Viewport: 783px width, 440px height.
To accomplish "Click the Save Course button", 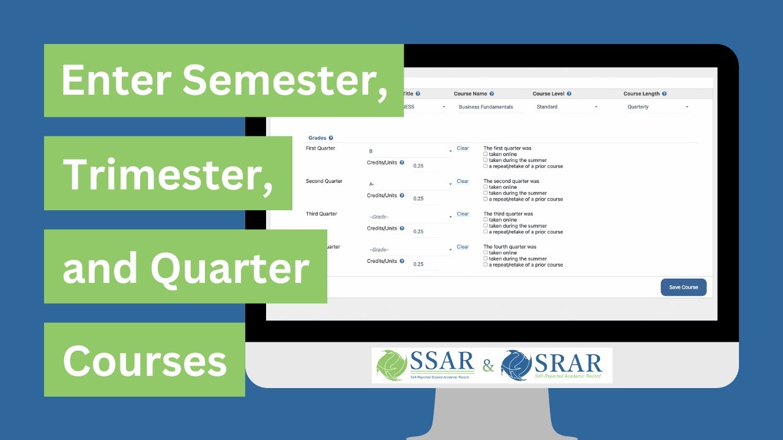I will (683, 287).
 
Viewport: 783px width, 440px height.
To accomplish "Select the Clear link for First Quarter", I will (462, 148).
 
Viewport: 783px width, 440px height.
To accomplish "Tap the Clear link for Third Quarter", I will (462, 214).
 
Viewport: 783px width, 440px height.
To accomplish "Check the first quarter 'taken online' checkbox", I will (486, 155).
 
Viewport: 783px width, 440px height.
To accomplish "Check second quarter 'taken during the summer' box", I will (486, 193).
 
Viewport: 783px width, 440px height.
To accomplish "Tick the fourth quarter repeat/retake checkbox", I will (486, 265).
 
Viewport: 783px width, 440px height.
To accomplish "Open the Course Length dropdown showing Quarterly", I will (658, 107).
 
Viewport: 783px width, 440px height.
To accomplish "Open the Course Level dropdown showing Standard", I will (566, 107).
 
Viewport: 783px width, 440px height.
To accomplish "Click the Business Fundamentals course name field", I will (490, 107).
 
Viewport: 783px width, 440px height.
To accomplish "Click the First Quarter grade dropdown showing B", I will (410, 151).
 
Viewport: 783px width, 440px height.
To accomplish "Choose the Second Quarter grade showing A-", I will (410, 184).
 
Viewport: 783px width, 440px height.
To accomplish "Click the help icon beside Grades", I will (331, 138).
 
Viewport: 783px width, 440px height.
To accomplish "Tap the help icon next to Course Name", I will (492, 94).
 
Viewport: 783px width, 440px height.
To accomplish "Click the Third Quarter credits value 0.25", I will (419, 232).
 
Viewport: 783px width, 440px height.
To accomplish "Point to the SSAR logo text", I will (442, 363).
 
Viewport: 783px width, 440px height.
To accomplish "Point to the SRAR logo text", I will (568, 363).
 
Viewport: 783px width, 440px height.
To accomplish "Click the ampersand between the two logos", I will (488, 366).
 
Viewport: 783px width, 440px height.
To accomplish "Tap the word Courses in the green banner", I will (145, 360).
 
